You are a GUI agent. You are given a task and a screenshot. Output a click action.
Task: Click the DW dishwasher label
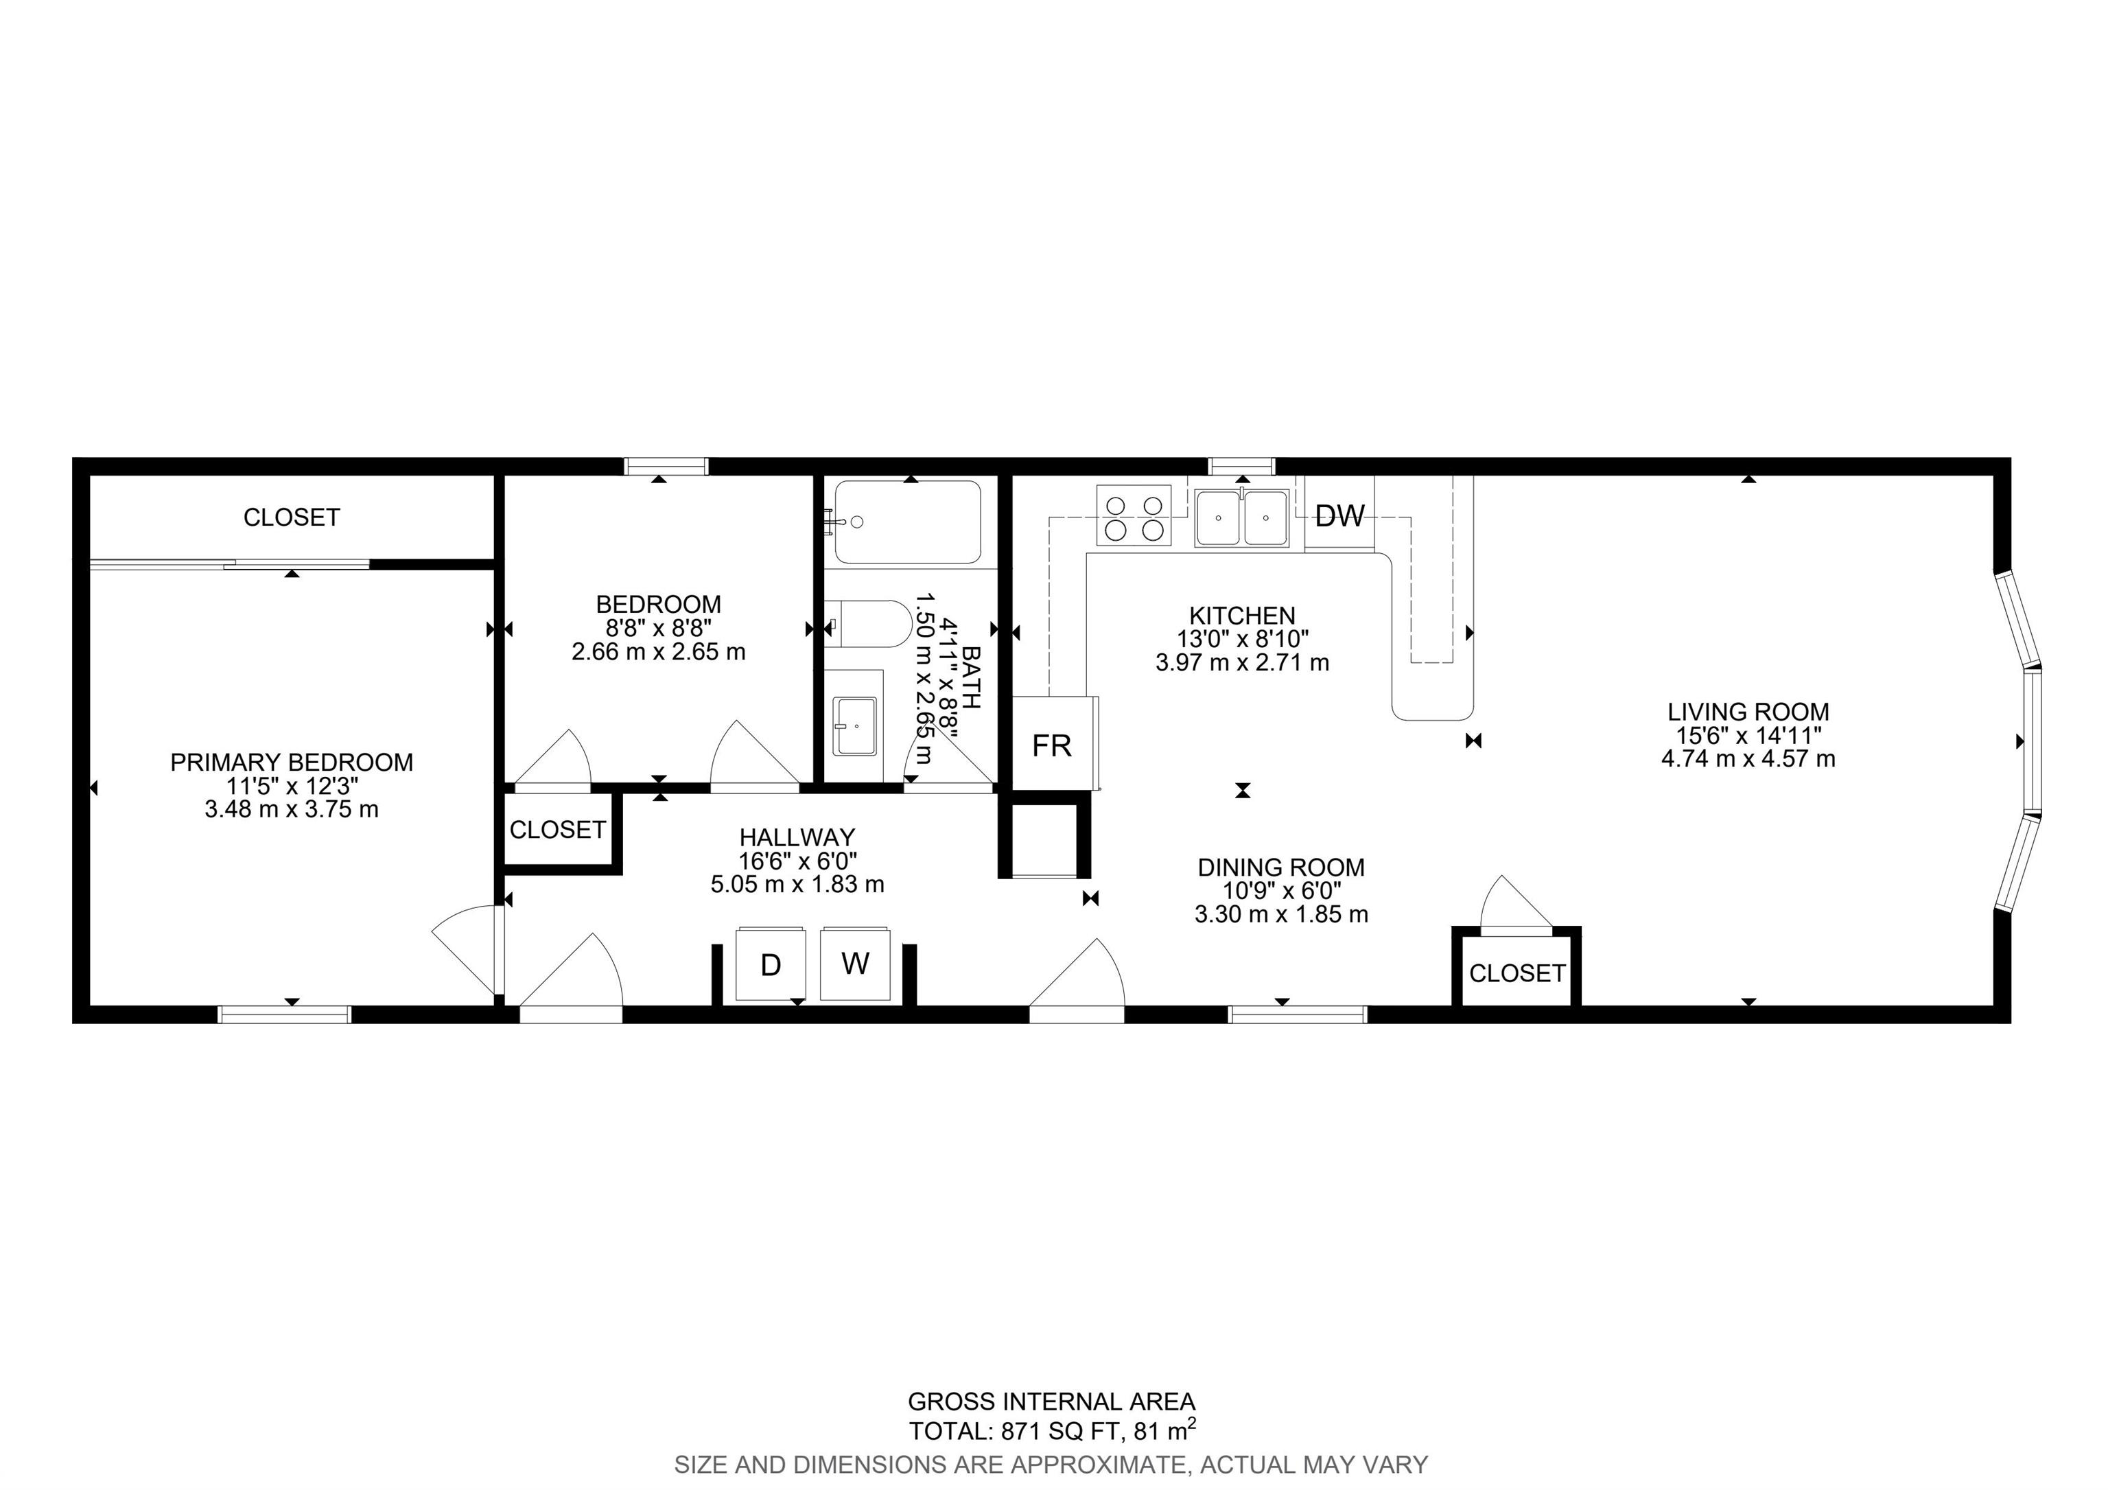pos(1339,516)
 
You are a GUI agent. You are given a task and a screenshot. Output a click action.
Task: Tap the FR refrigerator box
pos(1054,743)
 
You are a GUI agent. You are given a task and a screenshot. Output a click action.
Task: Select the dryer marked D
pos(771,964)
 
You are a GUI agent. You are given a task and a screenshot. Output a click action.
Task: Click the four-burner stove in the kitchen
pos(1134,516)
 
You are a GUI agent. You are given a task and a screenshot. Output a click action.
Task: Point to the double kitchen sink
pos(1242,517)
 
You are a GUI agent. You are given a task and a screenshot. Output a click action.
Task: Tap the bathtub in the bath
pos(907,522)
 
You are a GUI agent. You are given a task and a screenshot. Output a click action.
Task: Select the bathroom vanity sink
pos(854,725)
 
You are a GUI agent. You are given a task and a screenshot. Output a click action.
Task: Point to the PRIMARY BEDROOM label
pos(292,762)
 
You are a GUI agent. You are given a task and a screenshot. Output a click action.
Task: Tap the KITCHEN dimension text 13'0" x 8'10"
pos(1243,639)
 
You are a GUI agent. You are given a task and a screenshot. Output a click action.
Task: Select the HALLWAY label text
pos(797,837)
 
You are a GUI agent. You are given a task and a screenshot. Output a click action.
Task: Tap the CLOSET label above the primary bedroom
pos(292,517)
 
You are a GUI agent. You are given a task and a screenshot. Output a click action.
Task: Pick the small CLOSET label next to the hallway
pos(557,830)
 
